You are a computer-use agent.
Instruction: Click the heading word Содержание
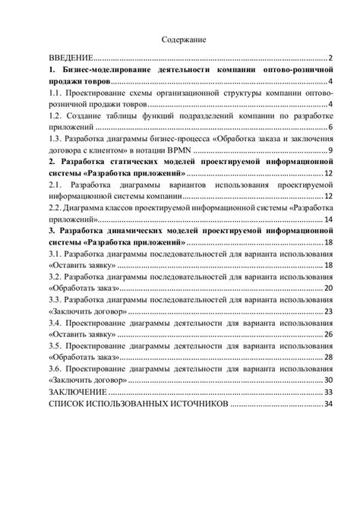(x=183, y=39)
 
